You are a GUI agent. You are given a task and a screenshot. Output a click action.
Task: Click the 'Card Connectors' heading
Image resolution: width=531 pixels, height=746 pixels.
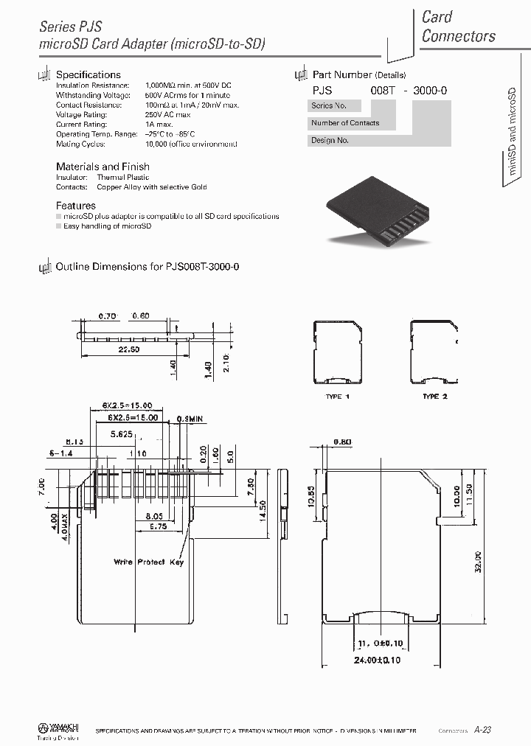pos(458,27)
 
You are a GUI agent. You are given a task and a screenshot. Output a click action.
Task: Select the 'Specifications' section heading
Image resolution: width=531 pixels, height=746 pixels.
pos(88,74)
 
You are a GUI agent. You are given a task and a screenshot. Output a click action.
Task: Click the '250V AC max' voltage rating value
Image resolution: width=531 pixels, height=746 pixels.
pos(168,114)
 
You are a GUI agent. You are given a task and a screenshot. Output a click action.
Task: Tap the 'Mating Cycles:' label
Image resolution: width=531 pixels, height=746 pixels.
pos(80,144)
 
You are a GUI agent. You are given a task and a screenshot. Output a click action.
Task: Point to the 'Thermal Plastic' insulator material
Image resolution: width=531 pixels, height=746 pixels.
pos(123,177)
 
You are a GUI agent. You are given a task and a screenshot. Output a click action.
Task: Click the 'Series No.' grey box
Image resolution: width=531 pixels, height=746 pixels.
pos(329,105)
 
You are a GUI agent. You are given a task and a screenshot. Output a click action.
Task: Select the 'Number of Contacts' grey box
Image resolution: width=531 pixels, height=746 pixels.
pos(345,122)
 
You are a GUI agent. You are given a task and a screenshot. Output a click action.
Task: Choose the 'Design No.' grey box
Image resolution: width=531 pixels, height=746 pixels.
pos(330,139)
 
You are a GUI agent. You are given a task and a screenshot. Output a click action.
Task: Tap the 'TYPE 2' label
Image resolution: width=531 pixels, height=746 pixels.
pos(435,397)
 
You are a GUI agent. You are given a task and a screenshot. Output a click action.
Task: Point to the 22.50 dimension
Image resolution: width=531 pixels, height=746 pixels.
pos(129,349)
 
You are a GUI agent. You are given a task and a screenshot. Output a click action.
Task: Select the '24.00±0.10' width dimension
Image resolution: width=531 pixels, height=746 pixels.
pos(378,660)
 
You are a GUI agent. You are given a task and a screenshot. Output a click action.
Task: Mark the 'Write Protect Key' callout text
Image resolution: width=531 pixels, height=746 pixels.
pos(148,562)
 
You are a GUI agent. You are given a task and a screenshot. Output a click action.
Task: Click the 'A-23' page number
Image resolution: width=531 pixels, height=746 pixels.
pos(482,730)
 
